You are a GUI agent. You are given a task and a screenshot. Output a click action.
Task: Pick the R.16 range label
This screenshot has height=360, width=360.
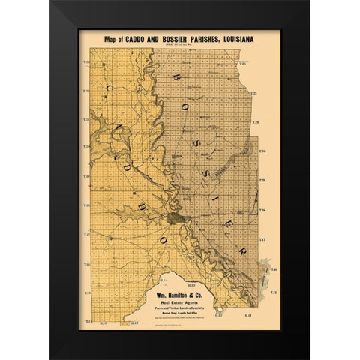(x=105, y=323)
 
